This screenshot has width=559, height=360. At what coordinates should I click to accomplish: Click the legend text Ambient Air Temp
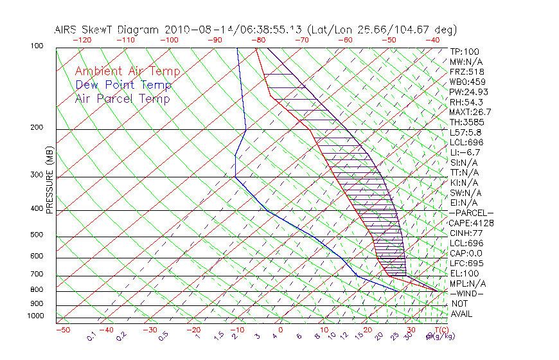(x=127, y=71)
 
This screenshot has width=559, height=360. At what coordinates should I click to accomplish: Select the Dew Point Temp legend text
(x=123, y=85)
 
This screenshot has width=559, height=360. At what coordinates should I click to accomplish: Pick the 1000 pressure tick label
(x=36, y=316)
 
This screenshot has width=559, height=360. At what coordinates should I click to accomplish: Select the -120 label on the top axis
(x=82, y=40)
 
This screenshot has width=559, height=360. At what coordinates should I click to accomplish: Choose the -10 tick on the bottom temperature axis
(x=236, y=330)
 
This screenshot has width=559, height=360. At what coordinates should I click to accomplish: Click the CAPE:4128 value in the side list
(x=472, y=223)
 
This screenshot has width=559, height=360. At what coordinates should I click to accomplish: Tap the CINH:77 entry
(x=467, y=233)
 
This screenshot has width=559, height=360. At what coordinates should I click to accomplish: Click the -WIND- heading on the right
(x=468, y=293)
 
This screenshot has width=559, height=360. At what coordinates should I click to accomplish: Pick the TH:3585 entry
(x=467, y=122)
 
